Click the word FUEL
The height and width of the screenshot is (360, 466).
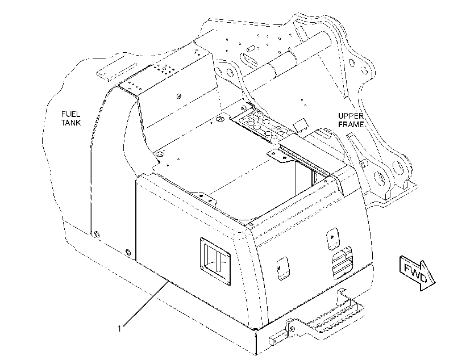70,114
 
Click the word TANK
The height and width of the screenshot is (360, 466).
71,123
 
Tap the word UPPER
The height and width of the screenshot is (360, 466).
351,116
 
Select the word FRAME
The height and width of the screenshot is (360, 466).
351,124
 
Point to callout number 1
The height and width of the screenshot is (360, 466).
119,329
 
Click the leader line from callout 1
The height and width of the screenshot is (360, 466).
146,303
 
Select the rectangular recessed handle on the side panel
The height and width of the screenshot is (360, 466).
215,261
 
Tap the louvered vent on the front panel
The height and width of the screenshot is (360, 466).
342,262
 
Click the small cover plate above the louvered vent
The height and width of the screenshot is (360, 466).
333,238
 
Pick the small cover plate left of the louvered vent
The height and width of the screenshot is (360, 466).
283,268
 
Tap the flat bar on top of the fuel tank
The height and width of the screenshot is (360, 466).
116,72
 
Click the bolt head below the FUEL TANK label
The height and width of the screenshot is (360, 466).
95,234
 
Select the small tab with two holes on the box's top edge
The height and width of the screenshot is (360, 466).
205,198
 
